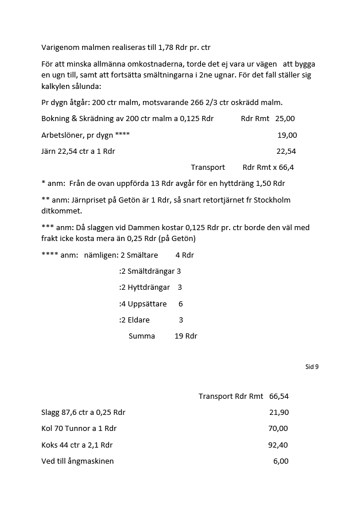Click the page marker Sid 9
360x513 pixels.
(x=312, y=367)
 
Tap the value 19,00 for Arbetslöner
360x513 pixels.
(x=287, y=135)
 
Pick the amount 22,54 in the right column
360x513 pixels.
(x=286, y=151)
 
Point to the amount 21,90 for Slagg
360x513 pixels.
(x=279, y=413)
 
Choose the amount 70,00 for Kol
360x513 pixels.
(x=278, y=429)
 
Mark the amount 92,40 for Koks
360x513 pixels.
(x=278, y=445)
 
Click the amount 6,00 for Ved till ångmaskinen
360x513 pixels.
(x=281, y=461)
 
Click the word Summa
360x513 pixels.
(x=142, y=336)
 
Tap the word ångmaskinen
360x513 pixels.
(x=91, y=461)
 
